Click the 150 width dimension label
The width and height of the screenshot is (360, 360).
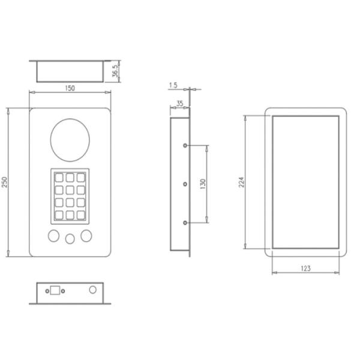coord(70,88)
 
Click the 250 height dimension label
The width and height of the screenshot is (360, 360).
coord(5,182)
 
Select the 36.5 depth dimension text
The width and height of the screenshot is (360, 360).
coord(115,71)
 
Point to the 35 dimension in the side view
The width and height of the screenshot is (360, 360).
coord(179,104)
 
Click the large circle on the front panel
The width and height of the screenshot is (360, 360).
coord(71,140)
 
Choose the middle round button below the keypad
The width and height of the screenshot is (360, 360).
coord(70,238)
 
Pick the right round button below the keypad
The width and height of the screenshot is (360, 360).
coord(88,235)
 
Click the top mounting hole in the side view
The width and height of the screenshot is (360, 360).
coord(185,145)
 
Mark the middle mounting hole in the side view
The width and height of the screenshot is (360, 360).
coord(185,184)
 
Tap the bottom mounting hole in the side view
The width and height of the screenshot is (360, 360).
coord(185,223)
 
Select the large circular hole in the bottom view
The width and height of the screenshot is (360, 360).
coord(92,289)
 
